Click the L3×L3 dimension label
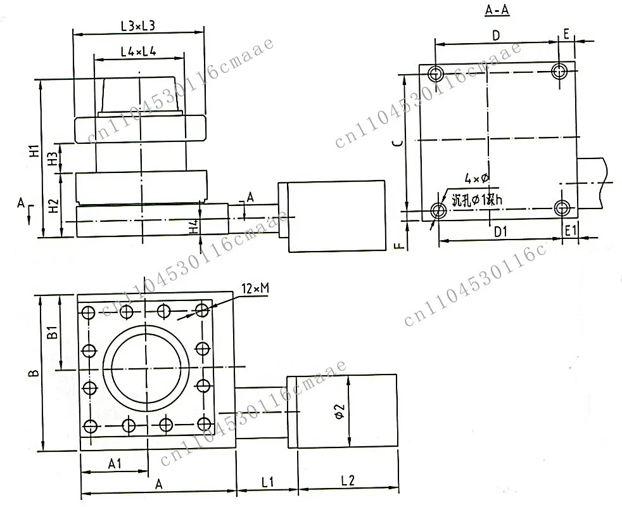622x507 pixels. [x=138, y=26]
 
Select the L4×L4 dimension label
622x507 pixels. [x=138, y=52]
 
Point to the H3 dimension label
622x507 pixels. [x=55, y=157]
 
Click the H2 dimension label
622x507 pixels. [x=55, y=205]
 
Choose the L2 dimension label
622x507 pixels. [x=346, y=482]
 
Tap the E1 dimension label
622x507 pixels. [x=570, y=232]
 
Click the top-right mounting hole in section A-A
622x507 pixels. [x=559, y=71]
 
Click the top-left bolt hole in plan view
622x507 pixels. [x=89, y=312]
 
